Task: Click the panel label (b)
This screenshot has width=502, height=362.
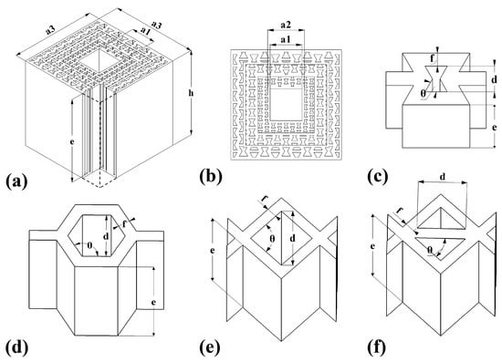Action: pos(210,177)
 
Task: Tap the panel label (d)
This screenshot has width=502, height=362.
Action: pos(17,347)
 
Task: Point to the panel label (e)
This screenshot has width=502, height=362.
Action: pos(210,347)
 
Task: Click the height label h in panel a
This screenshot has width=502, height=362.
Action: pos(191,93)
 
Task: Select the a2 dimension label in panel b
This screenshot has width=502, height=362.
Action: pos(286,25)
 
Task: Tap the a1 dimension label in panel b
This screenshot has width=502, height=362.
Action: pos(286,39)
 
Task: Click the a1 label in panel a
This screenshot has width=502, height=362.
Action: pos(145,31)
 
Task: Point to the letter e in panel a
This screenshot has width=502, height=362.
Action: pos(72,142)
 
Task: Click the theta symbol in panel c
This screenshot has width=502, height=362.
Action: pos(424,94)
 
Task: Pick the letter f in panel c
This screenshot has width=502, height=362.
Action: pos(433,58)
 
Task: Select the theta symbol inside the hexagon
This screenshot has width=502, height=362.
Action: pos(89,246)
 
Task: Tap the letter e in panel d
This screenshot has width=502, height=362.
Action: pos(153,302)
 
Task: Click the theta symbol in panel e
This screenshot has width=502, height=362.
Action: pos(272,239)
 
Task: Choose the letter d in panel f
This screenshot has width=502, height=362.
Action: pos(443,177)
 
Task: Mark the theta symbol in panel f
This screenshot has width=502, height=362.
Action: pos(431,251)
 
